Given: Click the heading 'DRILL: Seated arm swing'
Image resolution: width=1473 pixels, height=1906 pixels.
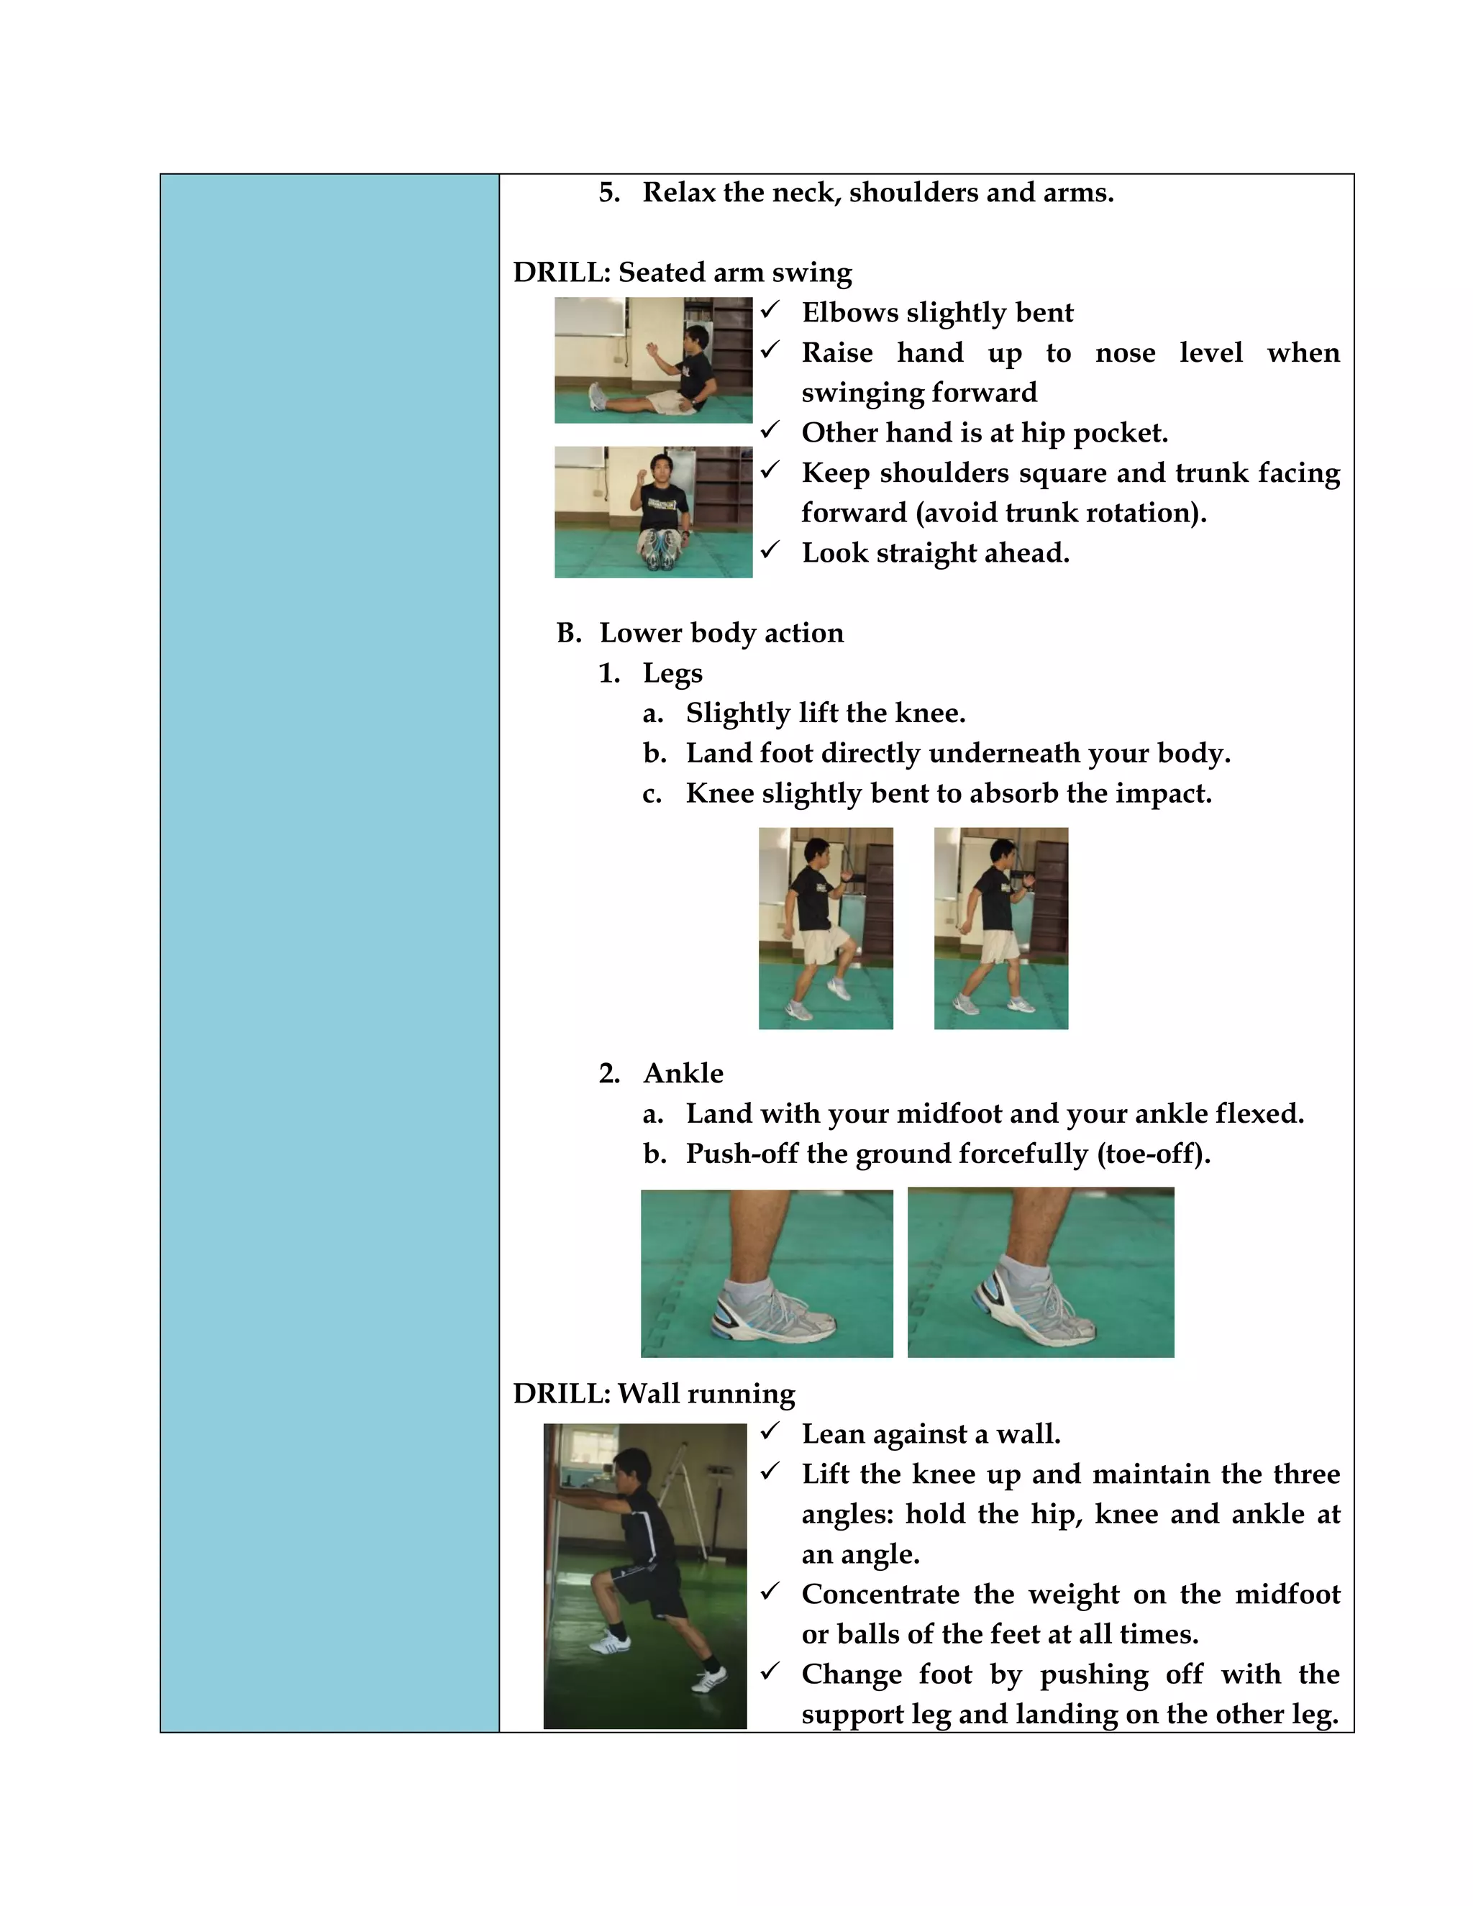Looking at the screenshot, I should coord(682,273).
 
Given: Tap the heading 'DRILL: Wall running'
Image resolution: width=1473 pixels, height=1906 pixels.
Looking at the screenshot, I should coord(654,1394).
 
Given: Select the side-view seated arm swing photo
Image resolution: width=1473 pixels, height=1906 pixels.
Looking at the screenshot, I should coord(653,360).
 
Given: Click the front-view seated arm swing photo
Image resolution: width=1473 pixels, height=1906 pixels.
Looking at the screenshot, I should coord(653,512).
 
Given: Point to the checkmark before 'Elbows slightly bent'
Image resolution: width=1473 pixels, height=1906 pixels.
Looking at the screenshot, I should coord(770,310).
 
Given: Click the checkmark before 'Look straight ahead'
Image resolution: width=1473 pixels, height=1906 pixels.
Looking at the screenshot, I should coord(770,550).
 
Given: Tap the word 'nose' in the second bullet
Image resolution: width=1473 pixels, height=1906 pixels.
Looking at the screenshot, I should coord(1125,352).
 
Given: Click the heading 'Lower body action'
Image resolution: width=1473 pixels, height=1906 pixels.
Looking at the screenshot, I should coord(721,633).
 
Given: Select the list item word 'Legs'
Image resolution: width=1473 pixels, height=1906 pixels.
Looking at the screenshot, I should coord(672,673).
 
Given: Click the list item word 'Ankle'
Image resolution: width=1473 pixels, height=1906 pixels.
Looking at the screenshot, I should coord(683,1073).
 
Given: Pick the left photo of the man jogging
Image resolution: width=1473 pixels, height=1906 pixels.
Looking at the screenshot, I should coord(826,928).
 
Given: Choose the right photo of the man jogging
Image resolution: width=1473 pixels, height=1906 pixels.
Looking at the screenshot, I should coord(1001,928).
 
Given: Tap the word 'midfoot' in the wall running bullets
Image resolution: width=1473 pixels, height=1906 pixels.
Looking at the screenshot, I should coord(1287,1594).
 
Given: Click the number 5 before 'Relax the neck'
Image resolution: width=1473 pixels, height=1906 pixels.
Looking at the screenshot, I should coord(608,193).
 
